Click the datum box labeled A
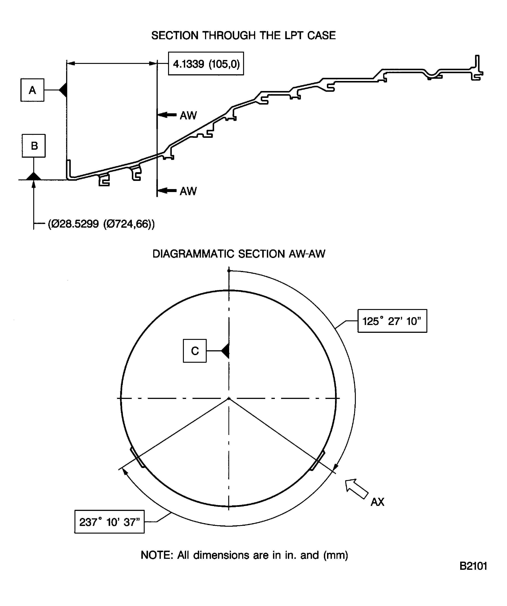coord(32,90)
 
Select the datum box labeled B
coord(34,146)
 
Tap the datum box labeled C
coord(195,351)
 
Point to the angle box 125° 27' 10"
coord(392,321)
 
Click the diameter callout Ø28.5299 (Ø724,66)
coord(101,224)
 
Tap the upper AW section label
coord(188,116)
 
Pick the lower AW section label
coord(188,191)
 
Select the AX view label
coord(377,502)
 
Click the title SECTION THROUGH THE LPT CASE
coord(243,35)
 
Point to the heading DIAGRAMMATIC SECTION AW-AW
coord(239,254)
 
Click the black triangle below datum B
coord(34,176)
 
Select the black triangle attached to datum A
coord(64,90)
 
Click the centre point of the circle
coord(229,399)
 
